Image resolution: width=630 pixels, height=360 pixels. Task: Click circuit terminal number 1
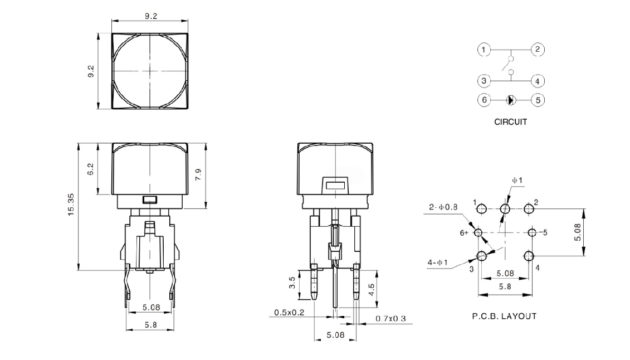(484, 50)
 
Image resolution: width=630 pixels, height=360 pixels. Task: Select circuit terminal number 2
(538, 50)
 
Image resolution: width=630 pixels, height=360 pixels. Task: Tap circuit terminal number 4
(538, 81)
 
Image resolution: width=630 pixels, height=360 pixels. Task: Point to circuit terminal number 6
(484, 100)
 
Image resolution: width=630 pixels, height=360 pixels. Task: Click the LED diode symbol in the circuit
(511, 100)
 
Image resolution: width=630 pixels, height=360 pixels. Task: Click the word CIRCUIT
(510, 121)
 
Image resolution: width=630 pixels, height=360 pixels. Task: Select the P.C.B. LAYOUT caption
(504, 316)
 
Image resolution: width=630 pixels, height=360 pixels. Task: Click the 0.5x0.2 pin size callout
(289, 313)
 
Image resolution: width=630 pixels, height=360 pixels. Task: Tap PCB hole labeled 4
(529, 256)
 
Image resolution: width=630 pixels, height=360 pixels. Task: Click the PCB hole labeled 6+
(478, 232)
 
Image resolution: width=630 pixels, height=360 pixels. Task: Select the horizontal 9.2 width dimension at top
(150, 16)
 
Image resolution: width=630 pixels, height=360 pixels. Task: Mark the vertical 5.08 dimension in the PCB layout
(578, 232)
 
